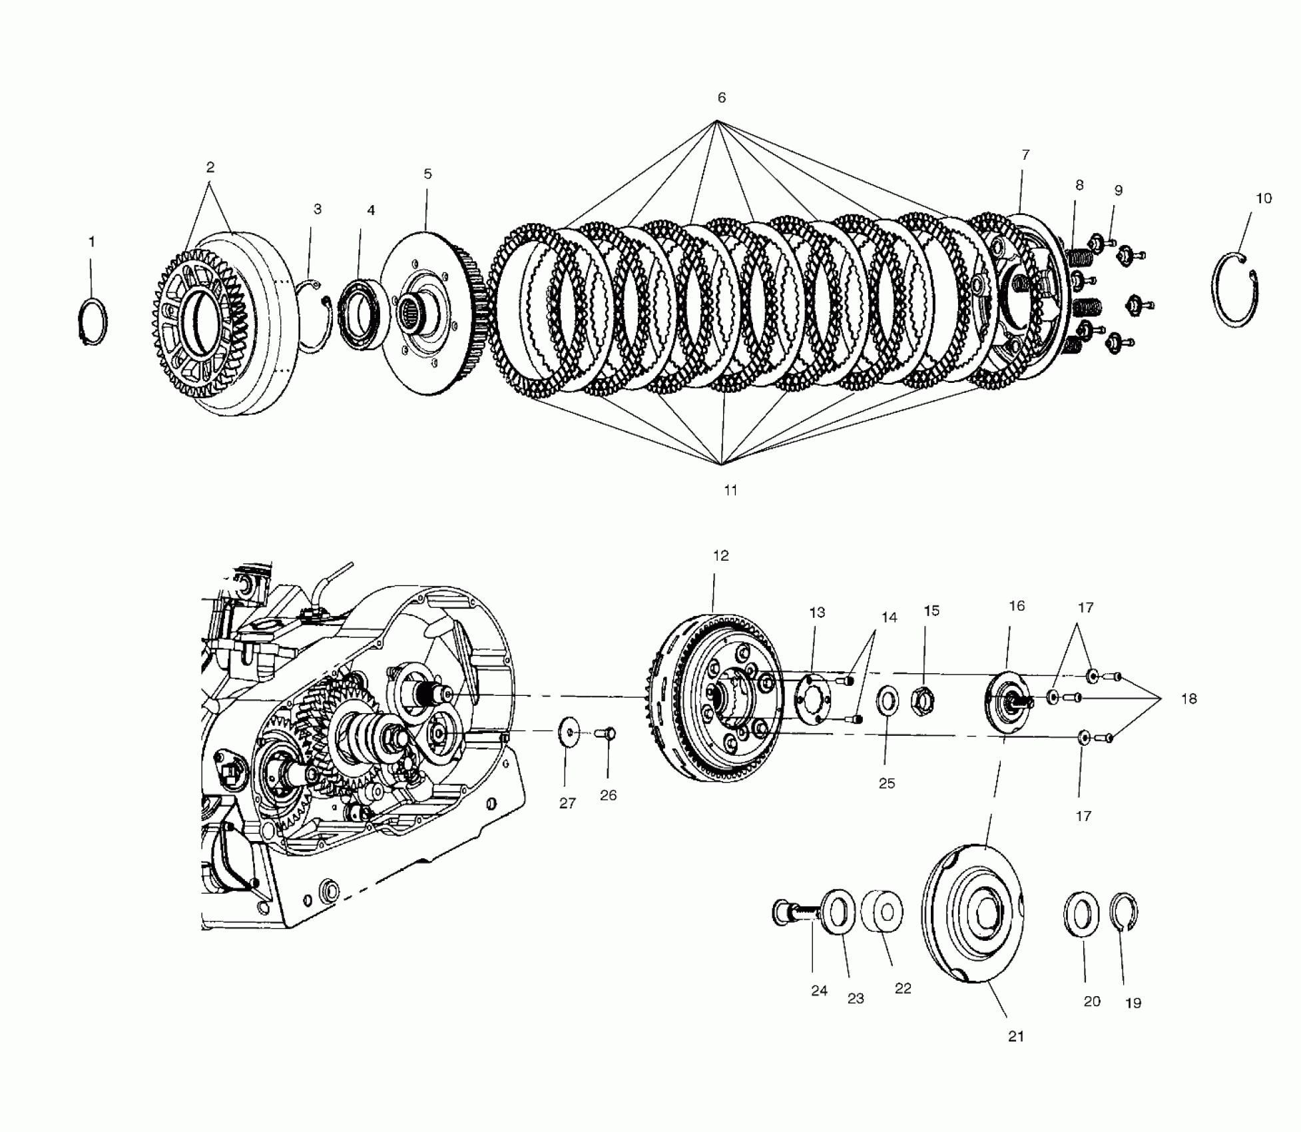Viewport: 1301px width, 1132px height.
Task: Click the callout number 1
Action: (x=92, y=242)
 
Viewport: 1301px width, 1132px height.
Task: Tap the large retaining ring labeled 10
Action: (x=1236, y=291)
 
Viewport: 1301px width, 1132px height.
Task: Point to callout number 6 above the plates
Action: (x=722, y=98)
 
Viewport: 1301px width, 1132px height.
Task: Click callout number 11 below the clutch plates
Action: (x=730, y=490)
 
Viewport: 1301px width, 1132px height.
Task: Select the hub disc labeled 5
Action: (x=426, y=313)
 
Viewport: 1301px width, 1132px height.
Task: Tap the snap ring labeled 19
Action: (x=1127, y=911)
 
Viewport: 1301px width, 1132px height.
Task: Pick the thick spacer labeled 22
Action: (x=882, y=912)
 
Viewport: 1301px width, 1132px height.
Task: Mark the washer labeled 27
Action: (x=568, y=732)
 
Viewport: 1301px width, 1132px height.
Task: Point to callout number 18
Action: (x=1188, y=699)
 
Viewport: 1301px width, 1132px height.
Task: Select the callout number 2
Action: (x=210, y=167)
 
